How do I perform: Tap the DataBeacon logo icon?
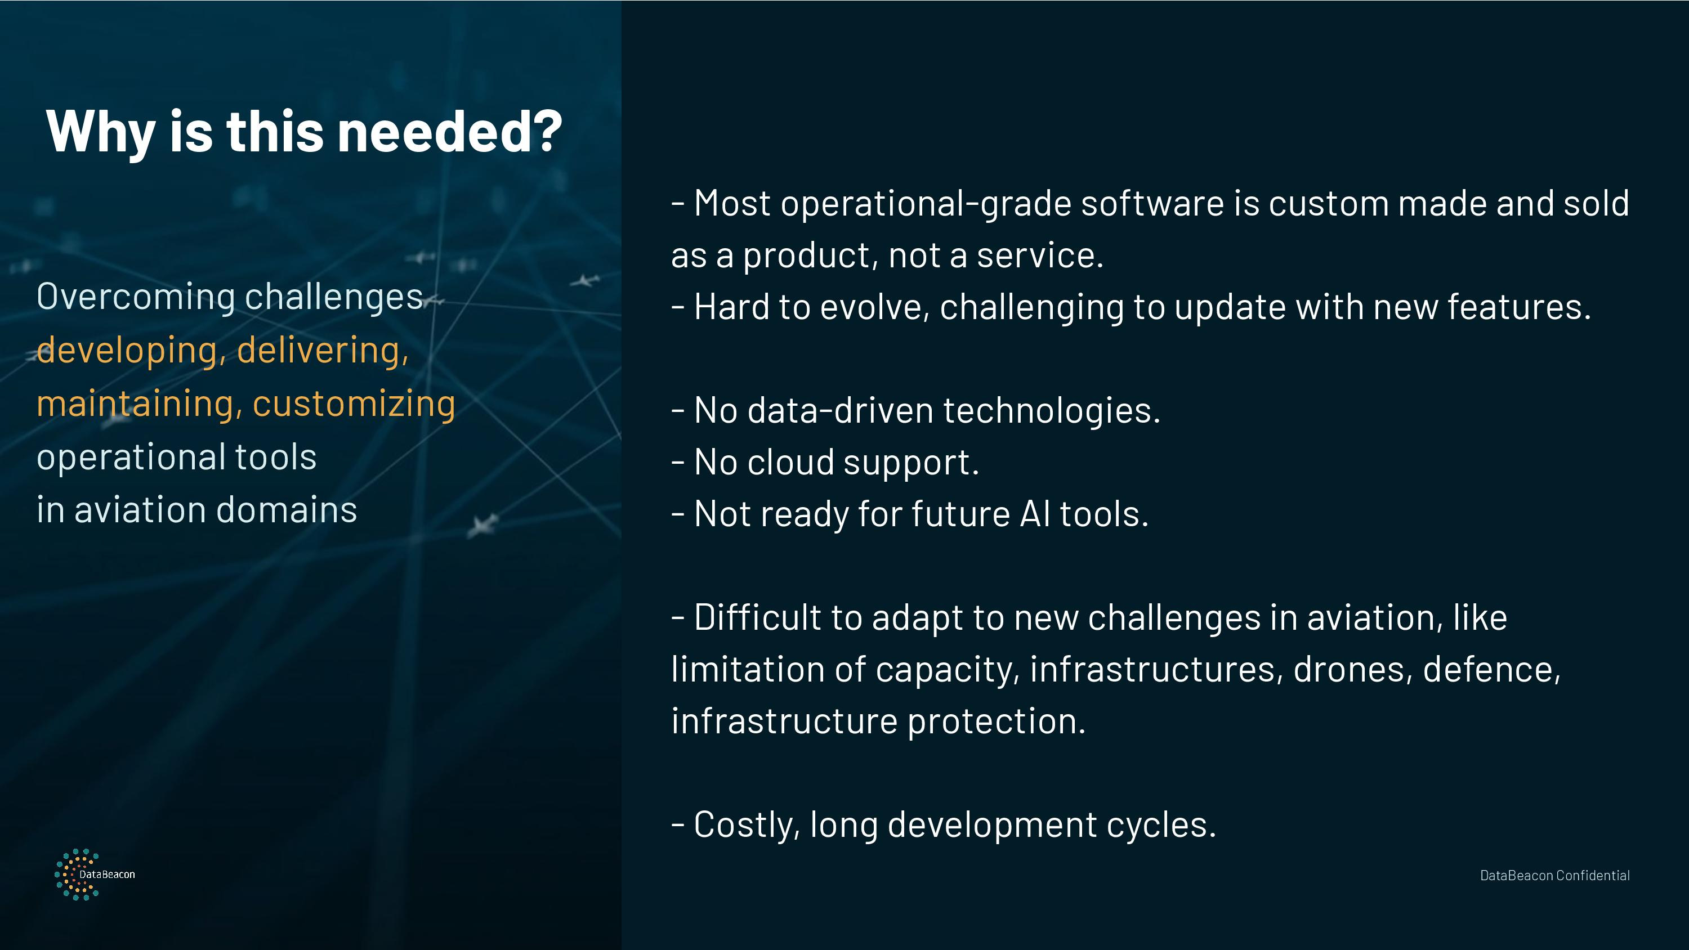point(77,874)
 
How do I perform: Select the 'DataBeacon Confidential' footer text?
point(1554,875)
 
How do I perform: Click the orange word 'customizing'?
point(354,404)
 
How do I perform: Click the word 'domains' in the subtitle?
point(287,510)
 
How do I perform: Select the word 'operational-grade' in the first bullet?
point(926,204)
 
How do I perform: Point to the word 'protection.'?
point(997,722)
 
